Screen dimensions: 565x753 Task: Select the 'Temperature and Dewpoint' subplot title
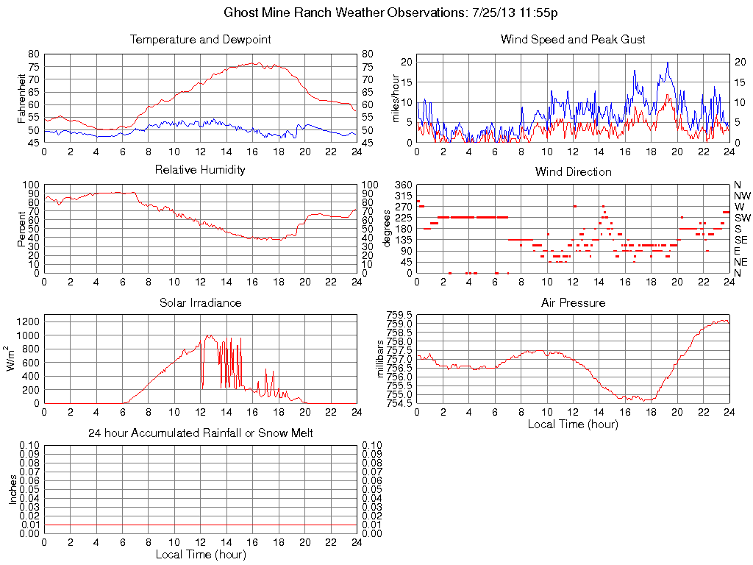200,39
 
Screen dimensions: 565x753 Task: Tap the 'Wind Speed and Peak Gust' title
573,39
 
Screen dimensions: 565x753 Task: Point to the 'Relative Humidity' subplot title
200,171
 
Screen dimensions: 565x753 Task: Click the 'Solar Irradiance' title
200,302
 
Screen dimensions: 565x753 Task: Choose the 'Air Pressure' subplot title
573,302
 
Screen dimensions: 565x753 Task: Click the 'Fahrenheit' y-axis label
22,97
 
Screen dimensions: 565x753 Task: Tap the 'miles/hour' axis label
395,98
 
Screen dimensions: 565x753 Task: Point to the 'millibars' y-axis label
380,359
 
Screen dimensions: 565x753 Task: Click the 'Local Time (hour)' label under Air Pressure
573,424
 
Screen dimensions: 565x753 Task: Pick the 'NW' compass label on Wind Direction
742,196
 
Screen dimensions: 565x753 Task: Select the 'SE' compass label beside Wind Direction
741,240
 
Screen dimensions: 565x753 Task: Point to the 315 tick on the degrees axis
403,196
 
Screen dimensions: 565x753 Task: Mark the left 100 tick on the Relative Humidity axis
32,185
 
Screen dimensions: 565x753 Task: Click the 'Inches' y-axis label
13,490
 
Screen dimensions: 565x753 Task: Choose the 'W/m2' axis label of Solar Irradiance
13,358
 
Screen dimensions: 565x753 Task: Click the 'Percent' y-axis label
22,228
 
